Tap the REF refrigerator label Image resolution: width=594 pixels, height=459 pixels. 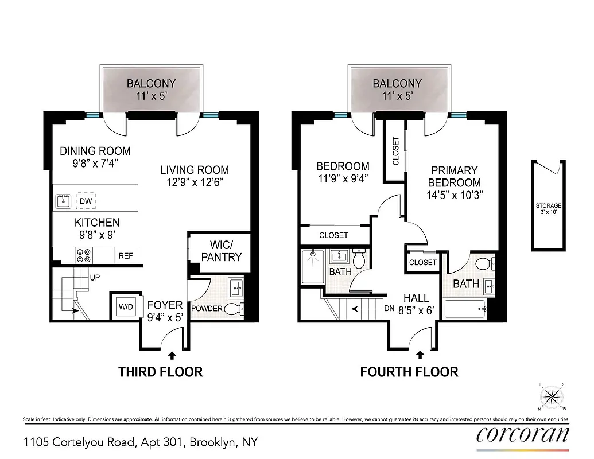126,256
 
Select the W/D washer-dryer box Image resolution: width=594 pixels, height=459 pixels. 126,306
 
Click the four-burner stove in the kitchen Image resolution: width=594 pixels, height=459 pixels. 83,255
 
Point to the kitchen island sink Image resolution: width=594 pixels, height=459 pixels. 63,201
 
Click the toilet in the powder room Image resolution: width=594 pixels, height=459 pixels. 232,309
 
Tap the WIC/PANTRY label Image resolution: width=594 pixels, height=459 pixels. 221,251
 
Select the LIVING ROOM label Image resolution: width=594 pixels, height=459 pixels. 195,176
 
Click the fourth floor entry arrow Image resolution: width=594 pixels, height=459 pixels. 420,355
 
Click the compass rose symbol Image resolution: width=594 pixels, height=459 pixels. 552,396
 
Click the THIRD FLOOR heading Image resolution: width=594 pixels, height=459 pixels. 160,372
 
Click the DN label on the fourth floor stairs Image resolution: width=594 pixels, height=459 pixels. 389,308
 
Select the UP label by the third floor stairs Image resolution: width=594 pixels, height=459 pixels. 95,277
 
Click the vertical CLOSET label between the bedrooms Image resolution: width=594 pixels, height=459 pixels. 395,151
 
